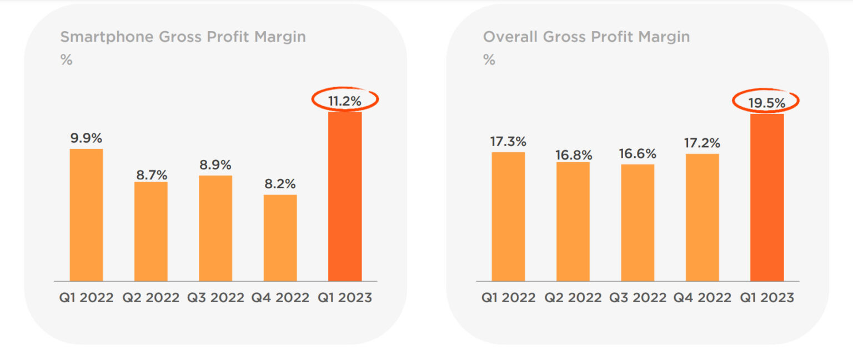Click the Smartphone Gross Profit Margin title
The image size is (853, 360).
(x=183, y=37)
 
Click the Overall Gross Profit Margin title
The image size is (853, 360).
(x=586, y=37)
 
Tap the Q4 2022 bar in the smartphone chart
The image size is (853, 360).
(x=280, y=238)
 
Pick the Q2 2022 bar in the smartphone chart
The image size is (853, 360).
(x=150, y=231)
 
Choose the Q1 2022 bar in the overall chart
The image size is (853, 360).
(x=508, y=216)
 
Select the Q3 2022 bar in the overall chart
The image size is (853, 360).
(x=638, y=222)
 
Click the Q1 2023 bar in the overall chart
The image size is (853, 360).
(x=767, y=197)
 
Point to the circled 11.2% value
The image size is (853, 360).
(x=344, y=101)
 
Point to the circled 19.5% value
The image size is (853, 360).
(x=767, y=102)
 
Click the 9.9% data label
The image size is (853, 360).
(x=86, y=138)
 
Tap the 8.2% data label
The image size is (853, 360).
(x=280, y=184)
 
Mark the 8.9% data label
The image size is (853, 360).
(x=215, y=165)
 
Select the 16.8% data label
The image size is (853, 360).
(x=574, y=155)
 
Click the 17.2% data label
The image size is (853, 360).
(x=703, y=143)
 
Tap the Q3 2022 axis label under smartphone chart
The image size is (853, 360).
(x=215, y=298)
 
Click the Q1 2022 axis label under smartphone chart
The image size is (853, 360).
(x=86, y=298)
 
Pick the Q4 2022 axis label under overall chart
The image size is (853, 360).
(x=703, y=298)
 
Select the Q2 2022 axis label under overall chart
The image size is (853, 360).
(x=573, y=298)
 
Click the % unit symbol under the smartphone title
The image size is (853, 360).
(x=66, y=60)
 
